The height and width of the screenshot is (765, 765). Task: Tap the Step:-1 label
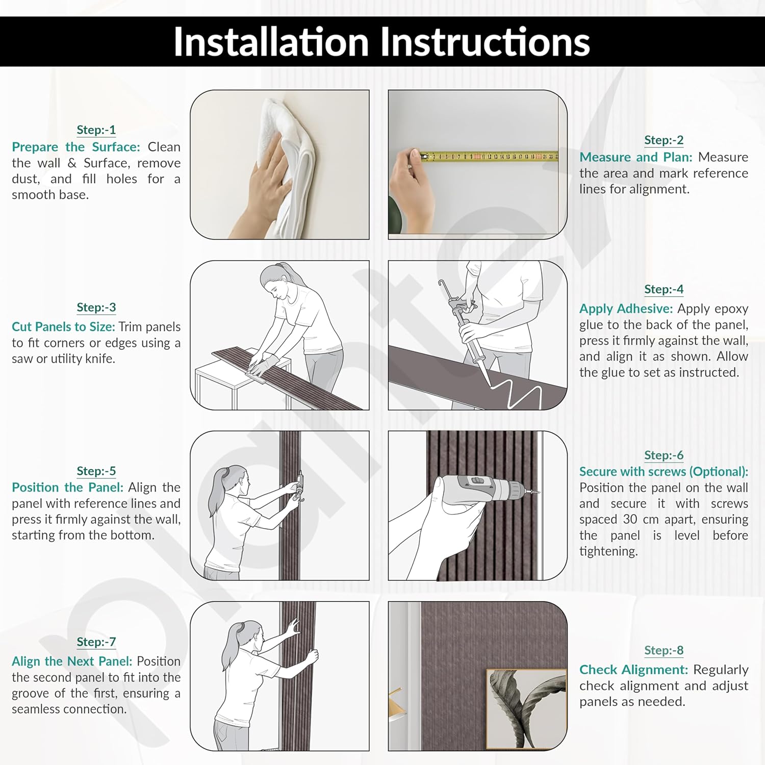[96, 130]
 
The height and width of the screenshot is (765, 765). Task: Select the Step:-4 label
[664, 289]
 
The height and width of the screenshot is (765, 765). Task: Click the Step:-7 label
[96, 642]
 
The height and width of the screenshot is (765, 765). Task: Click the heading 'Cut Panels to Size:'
[63, 327]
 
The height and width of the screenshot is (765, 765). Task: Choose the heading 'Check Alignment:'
[633, 670]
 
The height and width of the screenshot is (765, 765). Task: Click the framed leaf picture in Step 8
[526, 709]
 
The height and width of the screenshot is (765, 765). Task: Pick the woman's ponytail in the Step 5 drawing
[217, 490]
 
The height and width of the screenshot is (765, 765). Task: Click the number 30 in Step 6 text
[630, 520]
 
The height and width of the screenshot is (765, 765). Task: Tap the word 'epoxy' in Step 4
[730, 310]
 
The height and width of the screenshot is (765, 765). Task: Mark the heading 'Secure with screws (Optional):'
[664, 472]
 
